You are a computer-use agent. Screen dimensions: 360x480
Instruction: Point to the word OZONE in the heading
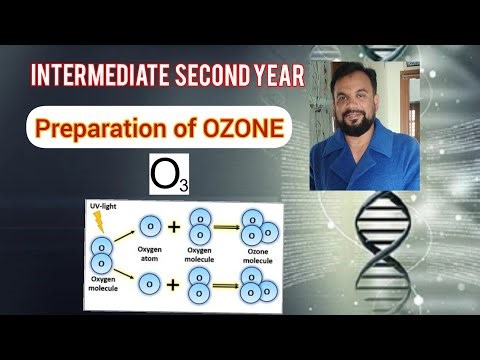coord(240,128)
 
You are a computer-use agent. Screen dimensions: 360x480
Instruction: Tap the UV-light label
coord(102,205)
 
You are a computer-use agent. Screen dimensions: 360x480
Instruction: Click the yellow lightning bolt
coord(99,221)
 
